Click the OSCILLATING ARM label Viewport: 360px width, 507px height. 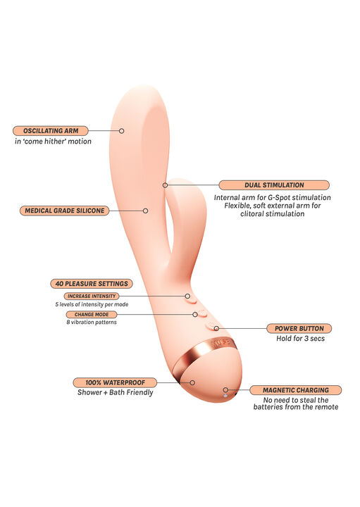[x=51, y=131]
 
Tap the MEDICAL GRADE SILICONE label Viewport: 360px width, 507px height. [x=65, y=211]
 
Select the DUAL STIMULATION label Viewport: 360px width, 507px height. [x=274, y=185]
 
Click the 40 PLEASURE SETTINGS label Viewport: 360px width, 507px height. [x=92, y=284]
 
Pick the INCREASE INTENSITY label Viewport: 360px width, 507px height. [x=92, y=296]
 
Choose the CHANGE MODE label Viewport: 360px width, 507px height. [x=92, y=315]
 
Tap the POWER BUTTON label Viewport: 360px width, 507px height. [x=299, y=329]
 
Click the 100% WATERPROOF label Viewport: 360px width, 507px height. [x=115, y=383]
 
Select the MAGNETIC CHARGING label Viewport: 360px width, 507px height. [x=296, y=390]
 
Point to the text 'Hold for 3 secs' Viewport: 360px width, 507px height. [x=301, y=339]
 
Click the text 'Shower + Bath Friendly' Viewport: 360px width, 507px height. [x=115, y=392]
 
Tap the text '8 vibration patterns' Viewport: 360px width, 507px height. [x=92, y=323]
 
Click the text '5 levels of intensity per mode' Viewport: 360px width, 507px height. [x=92, y=304]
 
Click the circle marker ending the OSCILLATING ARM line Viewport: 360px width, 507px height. [x=122, y=131]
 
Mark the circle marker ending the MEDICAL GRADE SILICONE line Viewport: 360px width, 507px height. [x=146, y=211]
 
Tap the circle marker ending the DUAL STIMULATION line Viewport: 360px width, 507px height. [x=166, y=185]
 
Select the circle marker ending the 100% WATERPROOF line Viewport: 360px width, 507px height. [x=192, y=383]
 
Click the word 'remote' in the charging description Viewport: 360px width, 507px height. [x=325, y=407]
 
